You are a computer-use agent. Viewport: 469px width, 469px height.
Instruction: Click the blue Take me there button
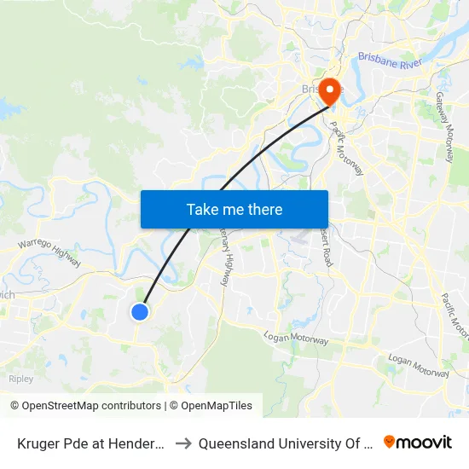pos(234,209)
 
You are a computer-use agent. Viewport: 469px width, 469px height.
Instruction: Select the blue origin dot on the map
pos(140,312)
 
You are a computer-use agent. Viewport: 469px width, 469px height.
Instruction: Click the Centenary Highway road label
pos(223,256)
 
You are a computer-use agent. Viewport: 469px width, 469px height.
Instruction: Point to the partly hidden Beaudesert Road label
pos(326,243)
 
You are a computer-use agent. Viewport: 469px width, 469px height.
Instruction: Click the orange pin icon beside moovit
pos(390,442)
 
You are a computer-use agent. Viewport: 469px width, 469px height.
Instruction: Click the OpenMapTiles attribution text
pos(214,406)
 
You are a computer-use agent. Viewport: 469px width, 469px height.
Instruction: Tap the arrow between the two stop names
pos(182,443)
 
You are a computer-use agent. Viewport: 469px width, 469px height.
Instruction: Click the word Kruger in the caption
pos(38,443)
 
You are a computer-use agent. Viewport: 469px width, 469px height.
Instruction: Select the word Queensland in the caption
pos(238,443)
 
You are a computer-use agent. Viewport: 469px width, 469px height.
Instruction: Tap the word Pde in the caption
pos(78,443)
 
